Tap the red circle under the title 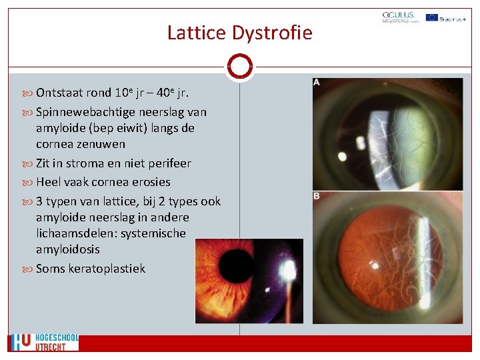click(x=239, y=66)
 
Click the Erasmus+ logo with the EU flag click(x=445, y=18)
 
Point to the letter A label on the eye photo click(x=317, y=82)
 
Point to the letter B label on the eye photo click(x=317, y=195)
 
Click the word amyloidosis click(x=68, y=249)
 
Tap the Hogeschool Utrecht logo click(x=44, y=343)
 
